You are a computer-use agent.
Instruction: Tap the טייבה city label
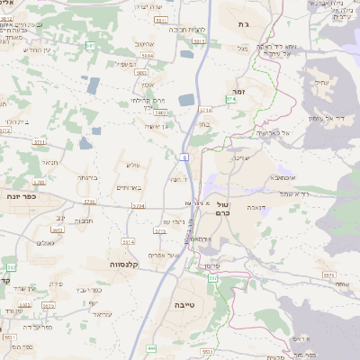[184, 305]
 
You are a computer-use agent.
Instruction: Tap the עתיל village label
[321, 83]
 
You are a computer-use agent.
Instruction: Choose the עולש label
[133, 166]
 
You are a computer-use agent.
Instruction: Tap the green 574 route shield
[230, 99]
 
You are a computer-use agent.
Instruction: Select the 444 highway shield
[151, 348]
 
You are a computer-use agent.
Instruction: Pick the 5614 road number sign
[128, 241]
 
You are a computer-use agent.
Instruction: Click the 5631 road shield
[208, 352]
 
